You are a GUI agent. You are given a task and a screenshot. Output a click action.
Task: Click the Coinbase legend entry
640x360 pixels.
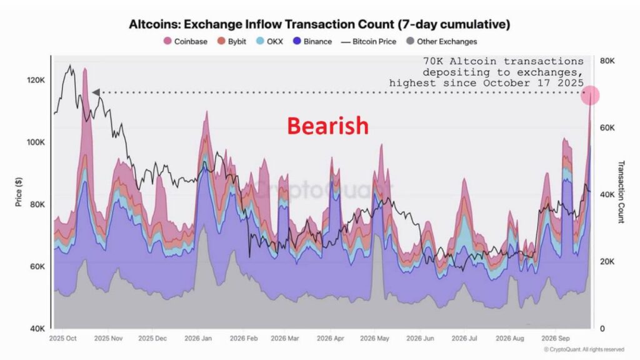coord(185,41)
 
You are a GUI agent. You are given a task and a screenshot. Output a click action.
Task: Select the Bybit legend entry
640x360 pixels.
coord(231,41)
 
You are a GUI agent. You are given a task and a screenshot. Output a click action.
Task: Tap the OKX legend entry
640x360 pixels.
coord(269,41)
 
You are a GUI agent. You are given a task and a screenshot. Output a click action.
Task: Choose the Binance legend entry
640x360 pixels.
coord(312,41)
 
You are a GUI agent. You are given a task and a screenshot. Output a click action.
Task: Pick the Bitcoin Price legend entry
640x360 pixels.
coord(369,42)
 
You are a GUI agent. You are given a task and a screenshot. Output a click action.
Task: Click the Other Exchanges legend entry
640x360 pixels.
coord(442,41)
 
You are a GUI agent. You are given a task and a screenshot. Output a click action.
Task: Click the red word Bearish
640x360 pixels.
coord(327,126)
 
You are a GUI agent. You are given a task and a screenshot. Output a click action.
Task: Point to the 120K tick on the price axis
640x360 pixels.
coord(36,80)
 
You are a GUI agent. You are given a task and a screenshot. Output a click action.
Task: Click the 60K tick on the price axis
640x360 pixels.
coord(37,266)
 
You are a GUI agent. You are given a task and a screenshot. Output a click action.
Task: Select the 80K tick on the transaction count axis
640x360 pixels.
coord(607,61)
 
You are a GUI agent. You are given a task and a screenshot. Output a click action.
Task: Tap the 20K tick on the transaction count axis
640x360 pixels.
coord(607,262)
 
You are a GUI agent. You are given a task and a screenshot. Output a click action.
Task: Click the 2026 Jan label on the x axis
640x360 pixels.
coord(198,338)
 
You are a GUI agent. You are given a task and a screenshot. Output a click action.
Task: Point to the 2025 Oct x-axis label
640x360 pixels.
coord(63,338)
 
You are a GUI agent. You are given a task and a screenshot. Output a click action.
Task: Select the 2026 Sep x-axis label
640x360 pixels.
coord(555,338)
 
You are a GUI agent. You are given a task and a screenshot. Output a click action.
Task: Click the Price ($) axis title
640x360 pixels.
coord(18,192)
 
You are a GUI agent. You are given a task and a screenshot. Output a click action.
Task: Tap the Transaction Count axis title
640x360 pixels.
coord(621,192)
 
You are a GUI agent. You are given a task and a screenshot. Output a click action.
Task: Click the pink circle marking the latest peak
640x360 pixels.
coord(590,96)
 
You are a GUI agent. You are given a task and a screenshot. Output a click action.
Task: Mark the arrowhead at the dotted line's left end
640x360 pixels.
coord(96,92)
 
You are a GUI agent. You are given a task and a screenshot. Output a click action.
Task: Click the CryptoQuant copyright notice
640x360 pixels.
coord(584,349)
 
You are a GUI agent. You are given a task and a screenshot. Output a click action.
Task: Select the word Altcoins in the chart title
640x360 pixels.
coord(154,24)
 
